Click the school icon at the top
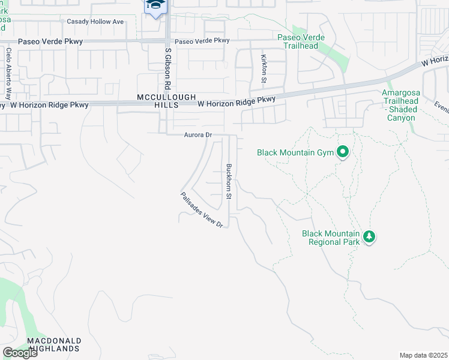tap(155, 6)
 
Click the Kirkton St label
tap(264, 68)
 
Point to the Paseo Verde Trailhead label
tap(301, 41)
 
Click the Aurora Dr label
tap(198, 136)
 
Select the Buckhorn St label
tap(229, 181)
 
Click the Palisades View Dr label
tap(202, 209)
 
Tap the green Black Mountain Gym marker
tap(343, 152)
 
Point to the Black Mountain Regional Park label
tap(331, 238)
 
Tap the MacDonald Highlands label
tap(53, 344)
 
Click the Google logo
tap(20, 353)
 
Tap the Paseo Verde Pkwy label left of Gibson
tap(50, 42)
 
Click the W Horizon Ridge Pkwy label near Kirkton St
tap(237, 102)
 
